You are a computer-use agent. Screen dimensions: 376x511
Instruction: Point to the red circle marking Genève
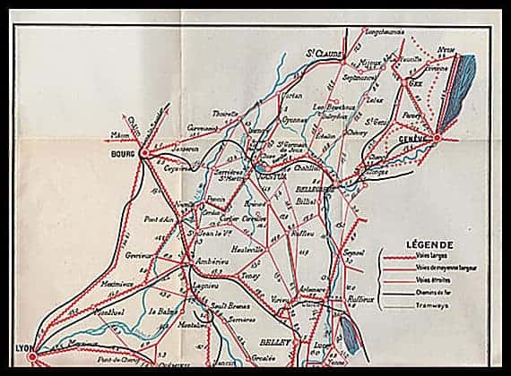pos(437,139)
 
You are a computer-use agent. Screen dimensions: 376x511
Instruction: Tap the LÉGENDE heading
pos(429,244)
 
